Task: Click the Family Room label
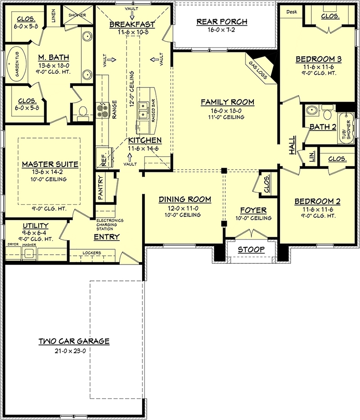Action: pos(227,102)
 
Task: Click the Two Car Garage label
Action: pos(74,341)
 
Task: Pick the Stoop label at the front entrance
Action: pos(251,249)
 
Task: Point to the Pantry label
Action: pos(102,188)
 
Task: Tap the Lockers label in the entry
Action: pos(92,253)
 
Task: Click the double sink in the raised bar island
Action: pos(144,108)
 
